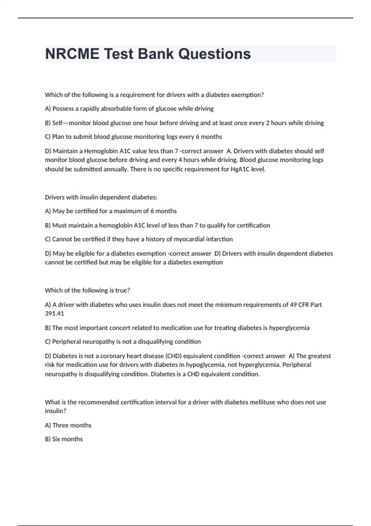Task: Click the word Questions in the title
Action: coord(215,54)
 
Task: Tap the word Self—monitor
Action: coord(72,123)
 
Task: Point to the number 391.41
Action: coord(54,313)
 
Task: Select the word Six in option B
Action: coord(56,439)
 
